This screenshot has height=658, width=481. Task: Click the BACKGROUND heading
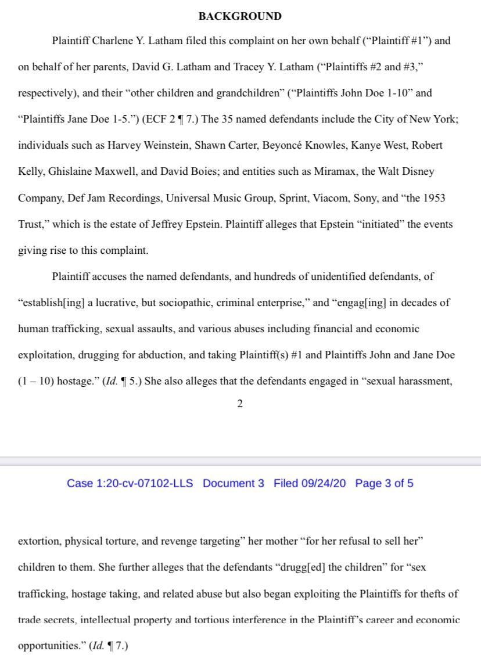(240, 16)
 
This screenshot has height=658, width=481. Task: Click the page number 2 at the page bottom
(239, 405)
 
